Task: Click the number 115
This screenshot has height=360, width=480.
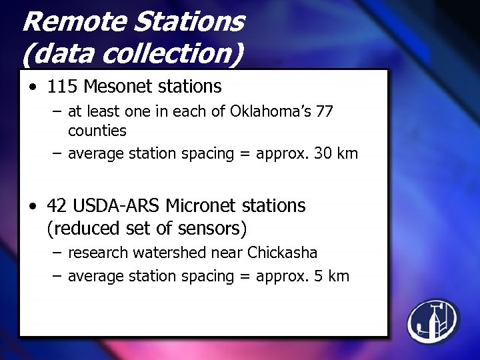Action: (x=62, y=87)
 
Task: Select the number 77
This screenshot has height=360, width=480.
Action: (x=325, y=111)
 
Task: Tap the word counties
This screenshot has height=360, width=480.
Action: (x=97, y=131)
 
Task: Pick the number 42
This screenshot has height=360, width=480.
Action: (x=57, y=206)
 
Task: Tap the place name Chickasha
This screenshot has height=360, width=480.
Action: (x=282, y=253)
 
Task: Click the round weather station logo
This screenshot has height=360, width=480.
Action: (x=433, y=321)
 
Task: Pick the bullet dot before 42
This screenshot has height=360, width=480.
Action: (x=33, y=207)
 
